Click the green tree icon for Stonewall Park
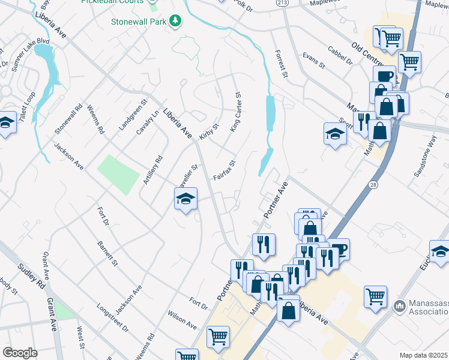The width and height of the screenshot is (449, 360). [175, 22]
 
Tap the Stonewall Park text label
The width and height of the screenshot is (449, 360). [139, 22]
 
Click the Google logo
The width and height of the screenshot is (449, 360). [20, 352]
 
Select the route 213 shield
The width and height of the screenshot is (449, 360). [282, 3]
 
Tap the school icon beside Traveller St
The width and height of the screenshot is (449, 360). [186, 199]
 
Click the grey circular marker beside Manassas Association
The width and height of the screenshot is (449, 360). [400, 306]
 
